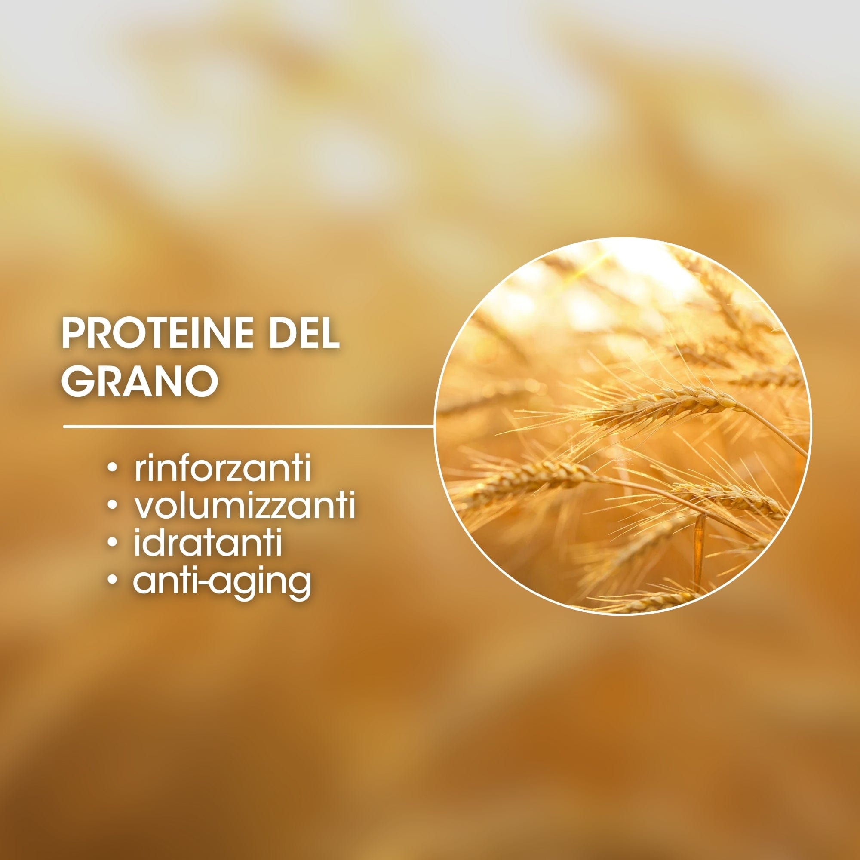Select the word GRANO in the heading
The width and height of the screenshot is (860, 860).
tap(140, 381)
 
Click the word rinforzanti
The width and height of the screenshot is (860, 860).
tap(223, 468)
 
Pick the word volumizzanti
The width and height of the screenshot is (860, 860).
tap(245, 506)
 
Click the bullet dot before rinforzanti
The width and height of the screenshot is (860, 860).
tap(114, 469)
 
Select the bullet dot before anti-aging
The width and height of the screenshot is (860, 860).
tap(114, 580)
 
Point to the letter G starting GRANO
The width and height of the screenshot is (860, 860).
tap(75, 381)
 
